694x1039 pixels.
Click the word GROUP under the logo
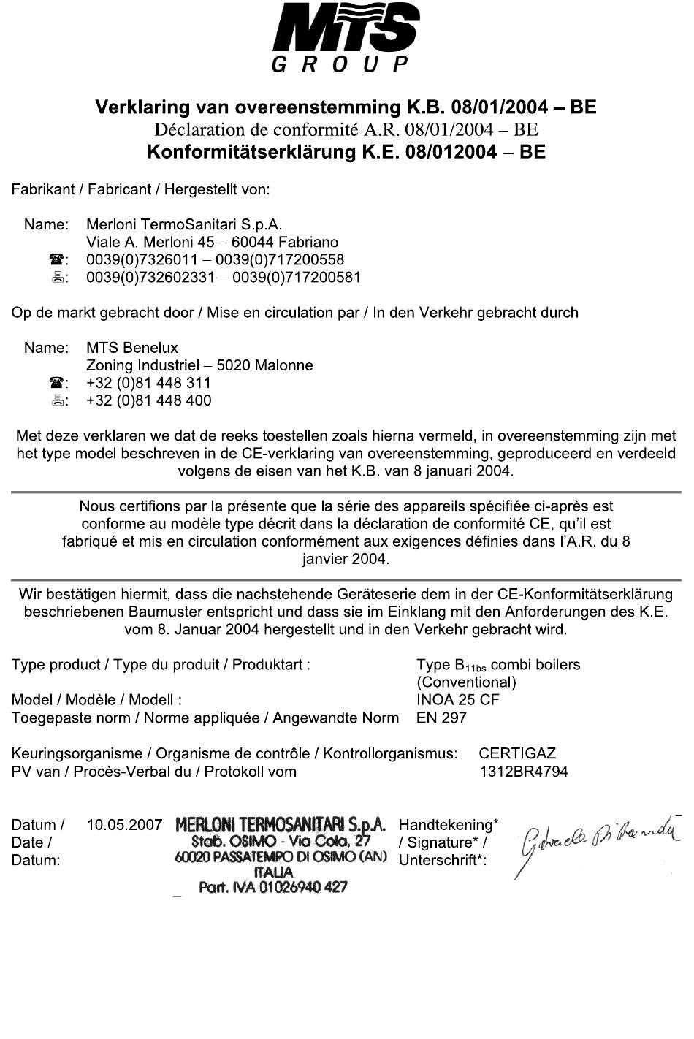click(340, 66)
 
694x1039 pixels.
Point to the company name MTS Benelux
click(131, 347)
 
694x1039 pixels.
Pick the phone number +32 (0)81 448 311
click(148, 382)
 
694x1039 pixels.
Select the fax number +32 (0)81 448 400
click(148, 400)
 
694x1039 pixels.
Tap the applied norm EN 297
click(441, 717)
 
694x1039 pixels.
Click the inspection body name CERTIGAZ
click(517, 753)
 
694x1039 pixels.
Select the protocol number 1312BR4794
click(523, 771)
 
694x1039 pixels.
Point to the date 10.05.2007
click(124, 825)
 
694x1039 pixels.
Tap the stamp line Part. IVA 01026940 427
click(273, 887)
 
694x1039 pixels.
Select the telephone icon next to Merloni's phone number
click(56, 260)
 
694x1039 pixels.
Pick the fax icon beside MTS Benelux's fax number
click(56, 400)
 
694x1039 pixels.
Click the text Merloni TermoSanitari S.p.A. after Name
click(183, 224)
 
